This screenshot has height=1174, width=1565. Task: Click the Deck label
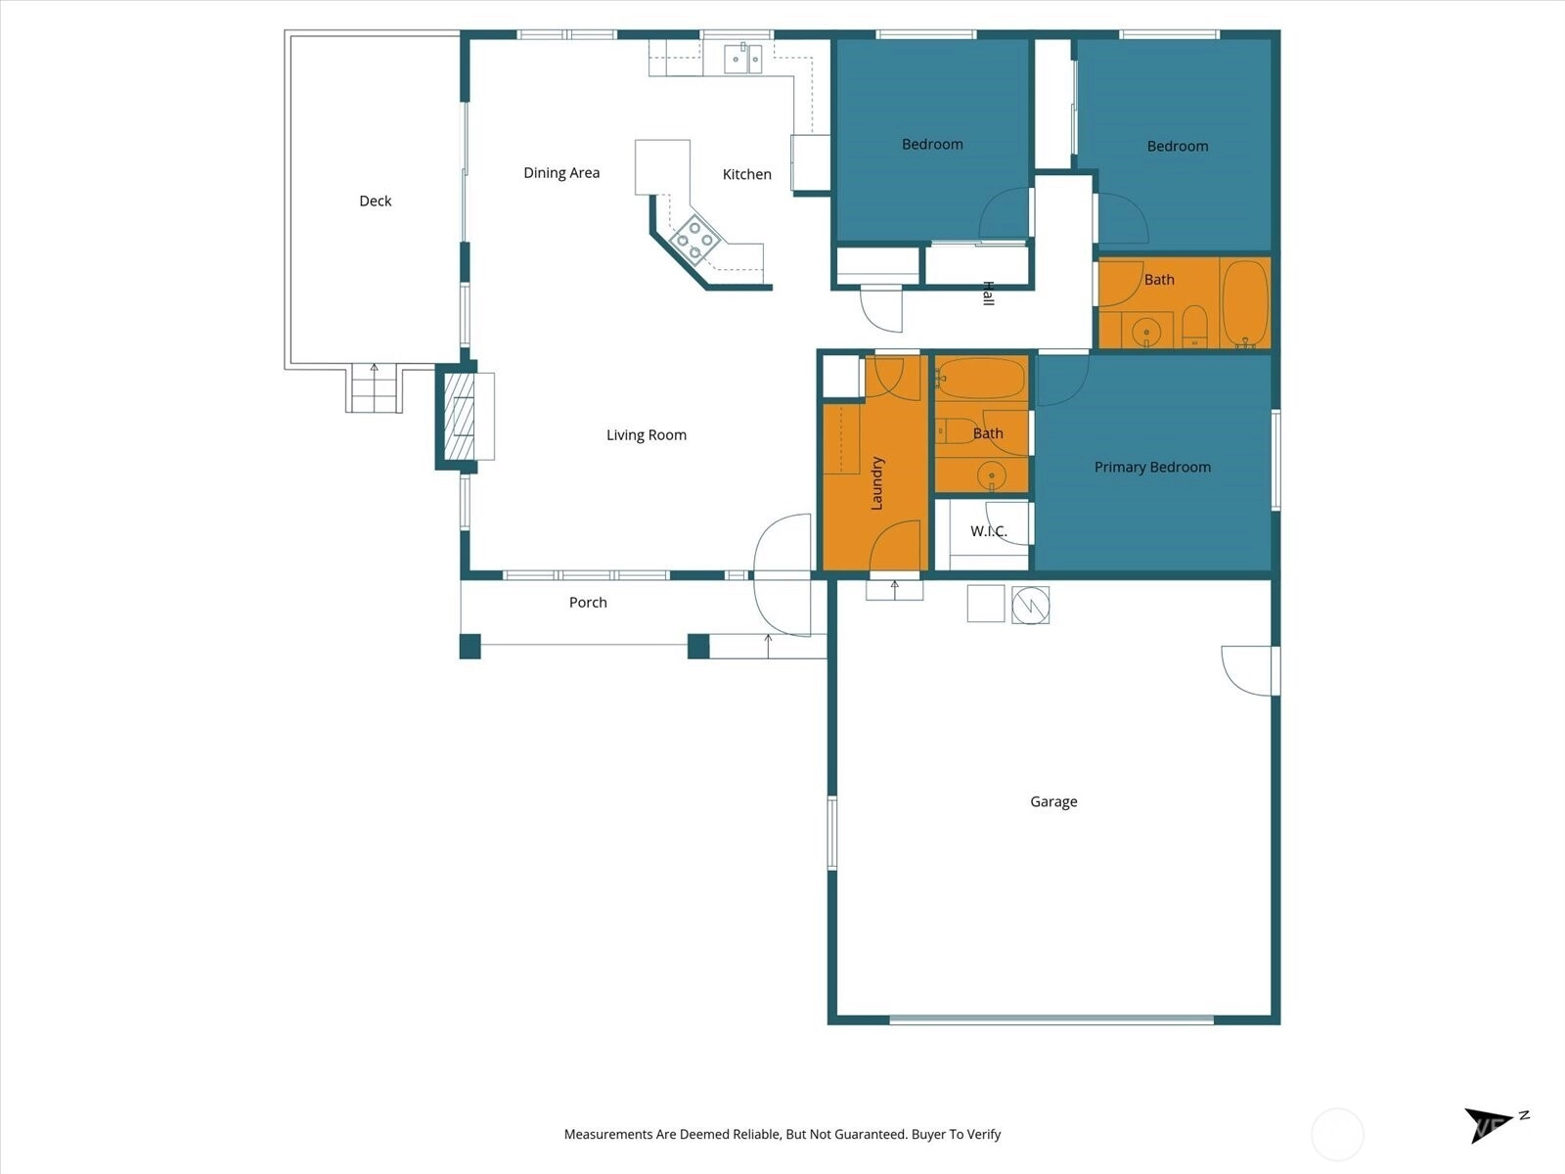tap(375, 201)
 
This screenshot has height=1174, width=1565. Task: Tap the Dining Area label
tap(561, 172)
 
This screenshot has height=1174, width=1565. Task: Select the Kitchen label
tap(746, 174)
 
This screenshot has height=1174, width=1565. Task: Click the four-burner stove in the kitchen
tap(694, 240)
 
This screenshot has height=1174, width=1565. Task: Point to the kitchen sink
tap(743, 59)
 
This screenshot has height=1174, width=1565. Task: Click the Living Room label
tap(646, 434)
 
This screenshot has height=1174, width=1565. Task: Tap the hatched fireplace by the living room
tap(459, 417)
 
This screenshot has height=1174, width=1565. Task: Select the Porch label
tap(588, 603)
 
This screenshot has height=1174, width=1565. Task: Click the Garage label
tap(1053, 802)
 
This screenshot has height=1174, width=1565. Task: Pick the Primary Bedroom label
tap(1152, 467)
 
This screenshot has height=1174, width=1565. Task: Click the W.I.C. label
tap(988, 531)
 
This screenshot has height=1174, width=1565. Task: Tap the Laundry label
tap(877, 483)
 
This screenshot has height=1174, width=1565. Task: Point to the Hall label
tap(988, 293)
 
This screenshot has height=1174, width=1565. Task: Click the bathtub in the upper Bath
tap(1245, 303)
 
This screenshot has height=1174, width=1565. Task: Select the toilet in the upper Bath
tap(1194, 327)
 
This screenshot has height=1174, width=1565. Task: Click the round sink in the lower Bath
tap(991, 474)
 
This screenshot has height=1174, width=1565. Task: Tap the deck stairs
tap(374, 387)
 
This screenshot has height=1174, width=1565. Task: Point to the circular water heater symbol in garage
tap(1030, 606)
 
